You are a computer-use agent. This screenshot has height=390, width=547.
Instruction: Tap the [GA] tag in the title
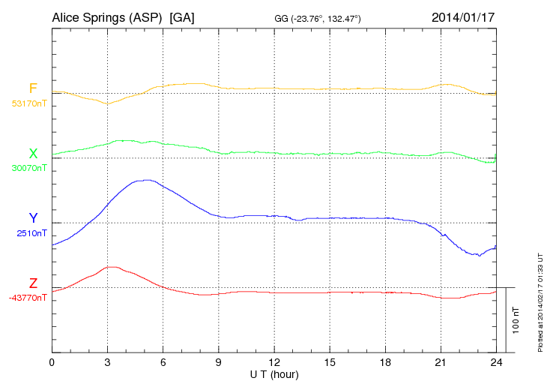click(182, 16)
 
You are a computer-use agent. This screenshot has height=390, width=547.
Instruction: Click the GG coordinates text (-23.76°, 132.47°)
click(318, 18)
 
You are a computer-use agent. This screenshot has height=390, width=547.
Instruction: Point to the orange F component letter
click(33, 88)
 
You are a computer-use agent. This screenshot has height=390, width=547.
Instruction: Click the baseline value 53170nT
click(29, 103)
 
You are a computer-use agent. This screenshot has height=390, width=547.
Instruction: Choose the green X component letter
click(33, 154)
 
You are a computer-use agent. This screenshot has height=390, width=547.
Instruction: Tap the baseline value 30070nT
click(29, 168)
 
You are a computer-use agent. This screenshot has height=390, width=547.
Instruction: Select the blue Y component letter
click(33, 218)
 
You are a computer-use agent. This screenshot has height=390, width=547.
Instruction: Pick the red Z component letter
click(33, 283)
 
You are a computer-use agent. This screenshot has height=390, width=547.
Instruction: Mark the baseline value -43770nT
click(28, 298)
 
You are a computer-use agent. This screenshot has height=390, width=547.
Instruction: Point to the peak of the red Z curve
click(112, 266)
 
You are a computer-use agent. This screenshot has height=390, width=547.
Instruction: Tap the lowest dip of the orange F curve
click(107, 103)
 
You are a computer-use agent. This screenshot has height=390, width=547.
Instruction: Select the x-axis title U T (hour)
click(273, 373)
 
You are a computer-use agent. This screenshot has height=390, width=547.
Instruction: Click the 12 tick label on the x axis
click(273, 362)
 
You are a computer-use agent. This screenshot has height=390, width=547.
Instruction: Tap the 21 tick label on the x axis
click(440, 362)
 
